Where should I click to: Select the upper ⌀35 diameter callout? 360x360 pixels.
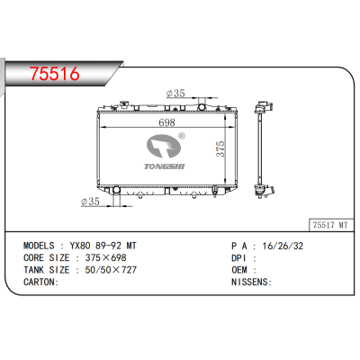coord(175,93)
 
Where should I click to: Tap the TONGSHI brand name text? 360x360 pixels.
coord(165,164)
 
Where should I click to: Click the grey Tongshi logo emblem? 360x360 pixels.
coord(164,146)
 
